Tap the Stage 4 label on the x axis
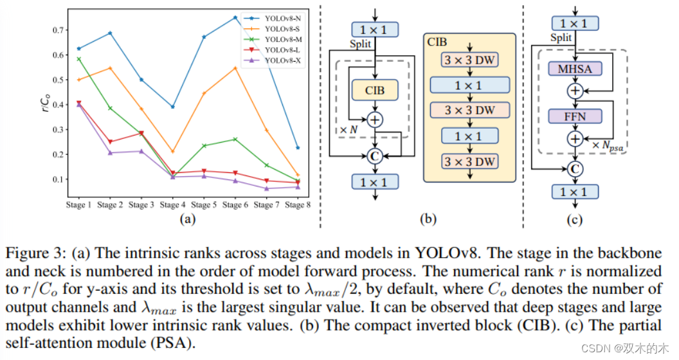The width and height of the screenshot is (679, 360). pyautogui.click(x=172, y=205)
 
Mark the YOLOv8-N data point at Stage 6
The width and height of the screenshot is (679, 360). pyautogui.click(x=235, y=17)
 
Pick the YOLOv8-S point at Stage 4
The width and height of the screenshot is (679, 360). pyautogui.click(x=173, y=152)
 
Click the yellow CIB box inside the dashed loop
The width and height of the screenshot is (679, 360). pyautogui.click(x=375, y=90)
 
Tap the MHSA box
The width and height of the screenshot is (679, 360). pyautogui.click(x=575, y=67)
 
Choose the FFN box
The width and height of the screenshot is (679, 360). pyautogui.click(x=575, y=116)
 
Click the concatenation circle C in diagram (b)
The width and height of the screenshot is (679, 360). pyautogui.click(x=375, y=155)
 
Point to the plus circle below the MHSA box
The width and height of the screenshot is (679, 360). pyautogui.click(x=575, y=91)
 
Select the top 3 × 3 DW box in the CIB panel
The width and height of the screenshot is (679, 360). pyautogui.click(x=469, y=60)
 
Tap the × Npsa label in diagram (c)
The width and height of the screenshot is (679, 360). pyautogui.click(x=608, y=147)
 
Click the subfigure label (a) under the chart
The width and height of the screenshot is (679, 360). pyautogui.click(x=187, y=220)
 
